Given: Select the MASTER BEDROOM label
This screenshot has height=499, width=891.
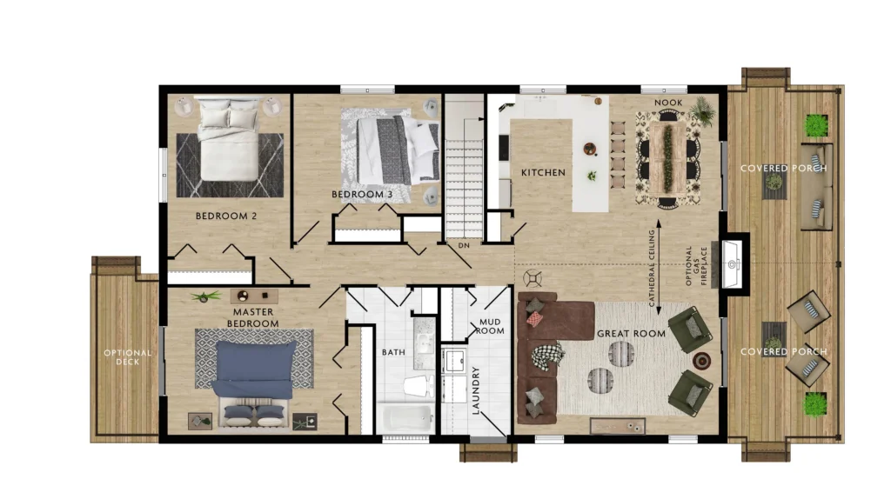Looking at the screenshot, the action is (x=253, y=318).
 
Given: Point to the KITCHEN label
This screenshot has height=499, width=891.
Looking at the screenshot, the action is (x=543, y=173).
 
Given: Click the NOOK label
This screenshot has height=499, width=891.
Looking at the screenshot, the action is (x=668, y=103).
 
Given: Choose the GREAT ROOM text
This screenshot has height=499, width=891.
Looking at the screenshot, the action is (x=632, y=334).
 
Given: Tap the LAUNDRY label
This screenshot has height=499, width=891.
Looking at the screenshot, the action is (x=476, y=390).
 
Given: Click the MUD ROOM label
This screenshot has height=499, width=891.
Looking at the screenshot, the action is (x=490, y=326).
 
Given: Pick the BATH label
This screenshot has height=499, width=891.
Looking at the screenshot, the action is (x=393, y=352).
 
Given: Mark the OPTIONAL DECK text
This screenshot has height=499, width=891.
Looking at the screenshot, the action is (x=127, y=357).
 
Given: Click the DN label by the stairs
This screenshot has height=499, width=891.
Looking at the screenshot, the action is (x=465, y=245).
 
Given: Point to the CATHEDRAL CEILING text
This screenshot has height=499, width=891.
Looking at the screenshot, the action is (x=652, y=268).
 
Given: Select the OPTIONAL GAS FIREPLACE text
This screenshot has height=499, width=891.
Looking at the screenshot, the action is (x=696, y=266).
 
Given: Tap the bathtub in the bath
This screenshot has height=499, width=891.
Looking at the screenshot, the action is (x=406, y=418).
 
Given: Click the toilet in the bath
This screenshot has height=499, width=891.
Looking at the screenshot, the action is (x=419, y=387).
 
